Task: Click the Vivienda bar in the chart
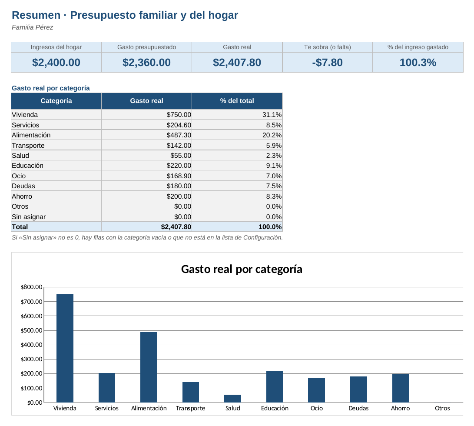(x=65, y=348)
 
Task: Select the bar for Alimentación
(x=149, y=367)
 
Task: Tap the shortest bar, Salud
(x=233, y=399)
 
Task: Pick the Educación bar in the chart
(x=275, y=387)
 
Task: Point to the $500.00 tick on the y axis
(x=31, y=330)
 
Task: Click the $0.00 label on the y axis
(x=35, y=403)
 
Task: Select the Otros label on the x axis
(x=442, y=408)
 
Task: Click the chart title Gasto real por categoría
(x=242, y=269)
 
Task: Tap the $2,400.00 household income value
(x=56, y=62)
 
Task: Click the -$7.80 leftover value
(x=328, y=62)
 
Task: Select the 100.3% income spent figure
(x=418, y=62)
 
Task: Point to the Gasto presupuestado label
(x=146, y=47)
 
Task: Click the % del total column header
(x=237, y=101)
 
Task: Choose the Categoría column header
(x=56, y=101)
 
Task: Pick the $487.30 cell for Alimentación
(x=179, y=135)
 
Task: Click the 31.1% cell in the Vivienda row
(x=272, y=115)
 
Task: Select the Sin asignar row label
(x=29, y=216)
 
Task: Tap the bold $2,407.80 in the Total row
(x=176, y=227)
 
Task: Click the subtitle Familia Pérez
(x=32, y=27)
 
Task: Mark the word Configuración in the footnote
(x=262, y=237)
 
